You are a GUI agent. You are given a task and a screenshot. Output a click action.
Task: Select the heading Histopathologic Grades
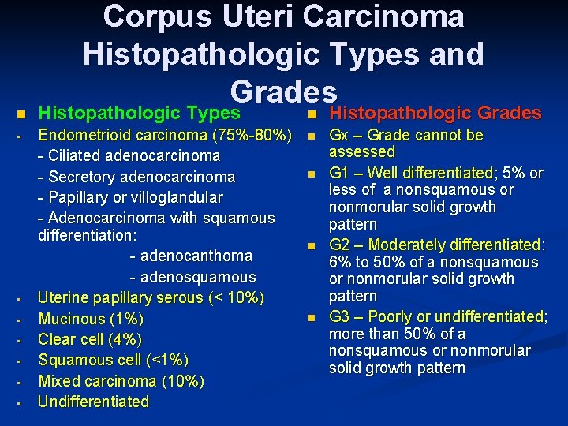pyautogui.click(x=435, y=113)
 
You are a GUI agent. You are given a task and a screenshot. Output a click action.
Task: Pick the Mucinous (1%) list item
pyautogui.click(x=91, y=319)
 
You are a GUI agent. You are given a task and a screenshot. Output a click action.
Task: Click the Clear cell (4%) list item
pyautogui.click(x=90, y=339)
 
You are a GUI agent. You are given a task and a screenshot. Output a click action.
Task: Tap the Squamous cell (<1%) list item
pyautogui.click(x=114, y=360)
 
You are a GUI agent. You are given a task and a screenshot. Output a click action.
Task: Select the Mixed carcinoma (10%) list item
pyautogui.click(x=121, y=381)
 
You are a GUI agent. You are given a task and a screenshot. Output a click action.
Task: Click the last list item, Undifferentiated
pyautogui.click(x=93, y=402)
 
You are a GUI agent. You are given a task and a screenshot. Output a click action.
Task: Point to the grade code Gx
pyautogui.click(x=340, y=135)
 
